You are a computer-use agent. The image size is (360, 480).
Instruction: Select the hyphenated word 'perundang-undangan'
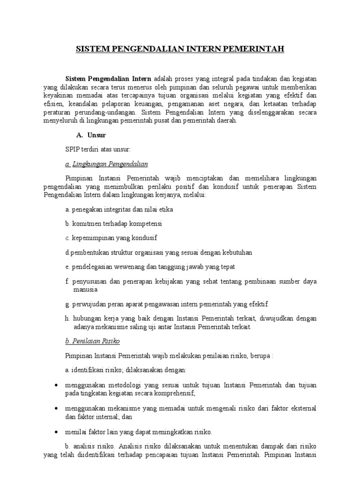(100, 112)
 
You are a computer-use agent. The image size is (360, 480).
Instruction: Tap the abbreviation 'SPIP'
(74, 149)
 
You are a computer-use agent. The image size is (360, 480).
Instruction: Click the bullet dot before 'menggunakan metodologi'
(56, 385)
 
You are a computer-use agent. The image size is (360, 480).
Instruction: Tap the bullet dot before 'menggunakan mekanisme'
(56, 407)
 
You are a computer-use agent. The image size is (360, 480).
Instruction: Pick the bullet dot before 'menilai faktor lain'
(56, 430)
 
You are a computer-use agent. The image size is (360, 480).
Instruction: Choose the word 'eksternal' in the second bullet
(303, 407)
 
